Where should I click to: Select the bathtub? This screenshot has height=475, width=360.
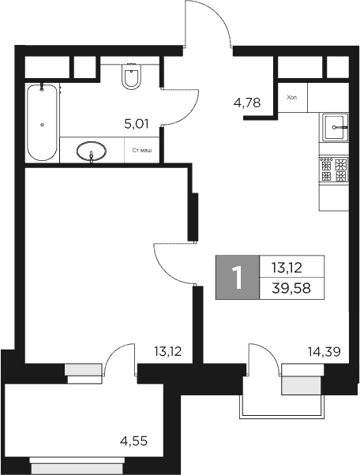(42, 122)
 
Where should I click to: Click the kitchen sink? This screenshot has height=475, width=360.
(335, 126)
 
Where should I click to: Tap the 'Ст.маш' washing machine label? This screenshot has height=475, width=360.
(143, 151)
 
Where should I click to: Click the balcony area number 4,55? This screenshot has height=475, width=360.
(135, 441)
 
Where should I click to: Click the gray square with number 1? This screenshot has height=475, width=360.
(236, 277)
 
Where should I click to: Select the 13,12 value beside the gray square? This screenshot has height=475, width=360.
(287, 267)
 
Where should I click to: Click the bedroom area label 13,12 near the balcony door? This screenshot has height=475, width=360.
(167, 352)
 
